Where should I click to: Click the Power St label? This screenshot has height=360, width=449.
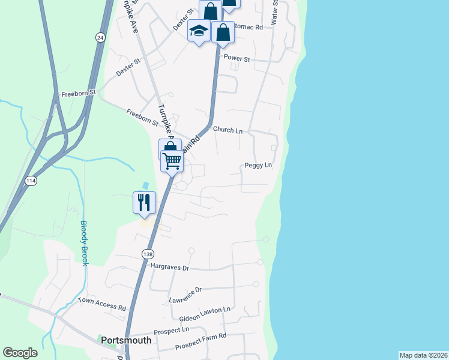point(237,58)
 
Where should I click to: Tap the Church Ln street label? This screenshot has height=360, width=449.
point(228,130)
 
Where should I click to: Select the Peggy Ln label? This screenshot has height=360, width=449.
point(258,165)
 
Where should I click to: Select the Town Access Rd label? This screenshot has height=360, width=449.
point(101,303)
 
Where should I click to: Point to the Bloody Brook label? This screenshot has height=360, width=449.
point(85,243)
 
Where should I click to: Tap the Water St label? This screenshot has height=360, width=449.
point(275,12)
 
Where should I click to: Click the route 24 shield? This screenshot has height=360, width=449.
point(100,37)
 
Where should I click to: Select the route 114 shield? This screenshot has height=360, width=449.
point(31,180)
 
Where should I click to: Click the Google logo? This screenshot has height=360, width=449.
point(20,353)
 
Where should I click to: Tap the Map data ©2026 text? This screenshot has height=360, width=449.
point(423,355)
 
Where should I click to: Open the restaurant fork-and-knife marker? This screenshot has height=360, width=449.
point(144,202)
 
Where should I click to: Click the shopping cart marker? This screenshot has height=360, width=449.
point(172,161)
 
